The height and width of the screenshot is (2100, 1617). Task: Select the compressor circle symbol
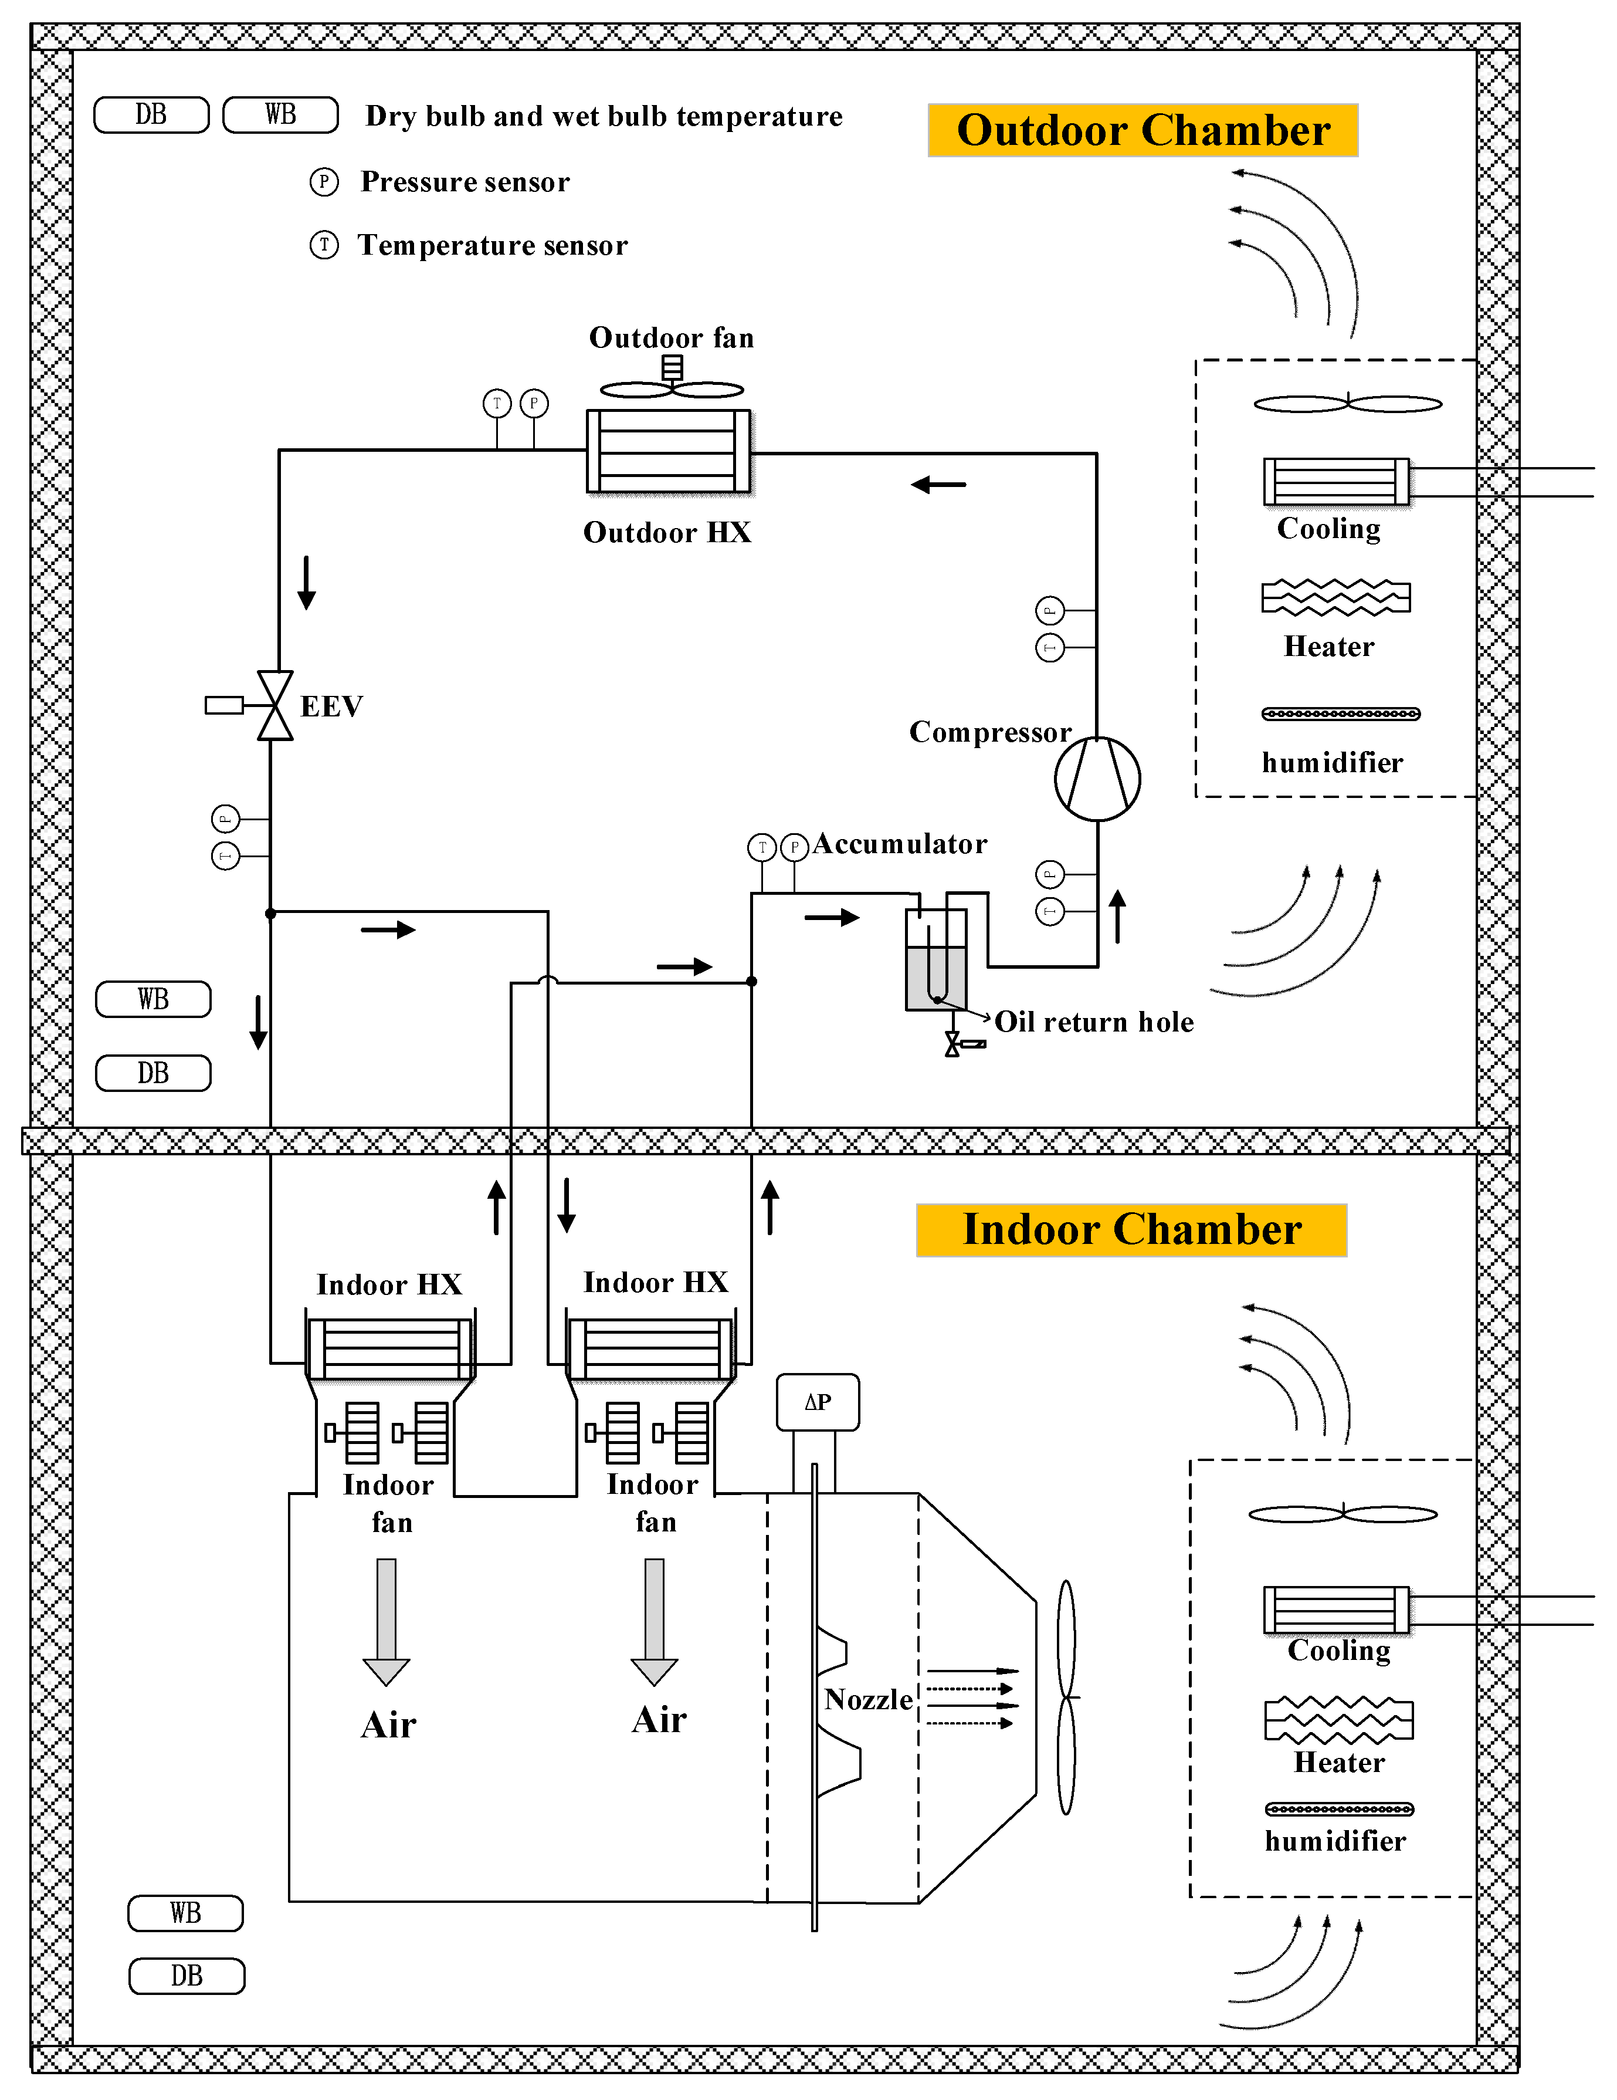click(1097, 778)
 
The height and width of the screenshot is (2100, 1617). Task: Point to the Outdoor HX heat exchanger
click(668, 451)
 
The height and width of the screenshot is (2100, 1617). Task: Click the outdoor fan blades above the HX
click(672, 388)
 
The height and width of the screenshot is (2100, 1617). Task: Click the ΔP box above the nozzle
click(817, 1402)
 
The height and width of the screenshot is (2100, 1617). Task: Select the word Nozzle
click(868, 1699)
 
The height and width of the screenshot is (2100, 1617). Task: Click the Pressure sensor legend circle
click(324, 182)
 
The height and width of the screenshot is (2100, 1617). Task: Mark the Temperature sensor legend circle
click(324, 245)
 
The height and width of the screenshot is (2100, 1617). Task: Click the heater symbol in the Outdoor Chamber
click(1335, 597)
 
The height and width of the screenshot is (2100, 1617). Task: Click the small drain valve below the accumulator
click(952, 1044)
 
